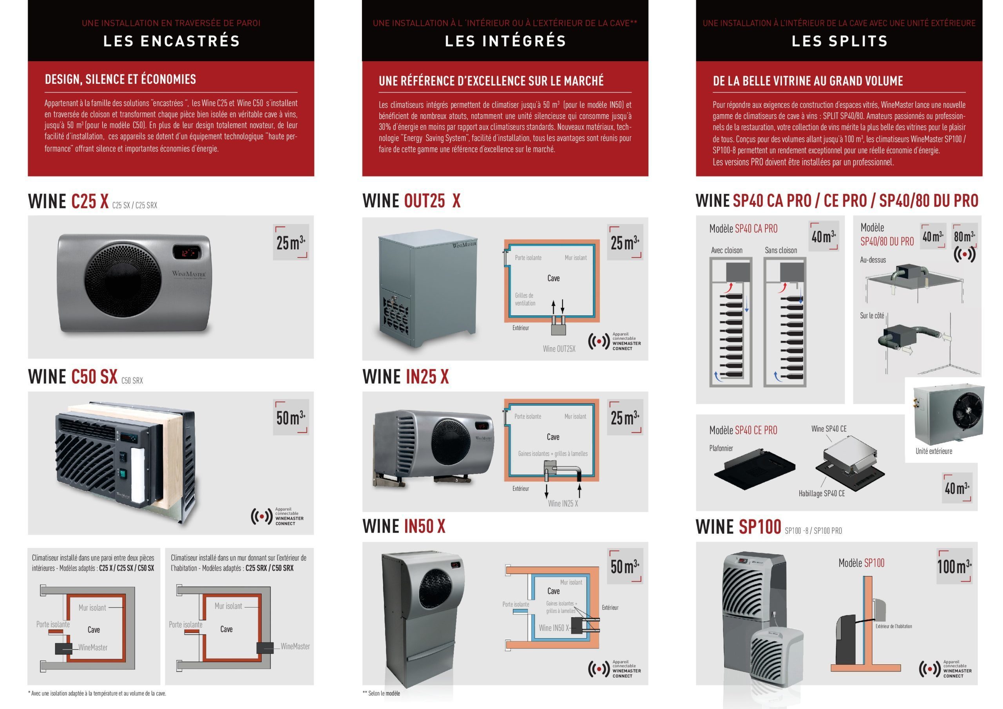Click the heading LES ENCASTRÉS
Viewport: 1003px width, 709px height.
(171, 41)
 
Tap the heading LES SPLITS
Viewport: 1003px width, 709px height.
(840, 41)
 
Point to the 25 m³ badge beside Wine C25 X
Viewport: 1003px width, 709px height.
(291, 242)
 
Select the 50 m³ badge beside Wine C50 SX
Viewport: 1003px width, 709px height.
(291, 417)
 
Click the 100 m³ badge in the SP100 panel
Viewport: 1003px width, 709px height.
(954, 566)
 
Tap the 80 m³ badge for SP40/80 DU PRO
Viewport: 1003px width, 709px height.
(964, 236)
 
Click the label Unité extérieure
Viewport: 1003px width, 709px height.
(934, 451)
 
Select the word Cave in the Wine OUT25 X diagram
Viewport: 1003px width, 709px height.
(554, 278)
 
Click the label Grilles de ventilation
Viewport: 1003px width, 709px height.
(525, 299)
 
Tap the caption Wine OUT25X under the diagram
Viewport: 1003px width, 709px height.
(559, 349)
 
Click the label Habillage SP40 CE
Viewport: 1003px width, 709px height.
(822, 493)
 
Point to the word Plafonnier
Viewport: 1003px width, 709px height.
(721, 448)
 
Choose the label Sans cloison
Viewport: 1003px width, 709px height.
(781, 250)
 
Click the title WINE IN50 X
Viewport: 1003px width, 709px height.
(404, 526)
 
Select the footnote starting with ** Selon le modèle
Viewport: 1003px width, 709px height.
(381, 693)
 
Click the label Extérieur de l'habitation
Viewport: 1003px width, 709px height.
(894, 626)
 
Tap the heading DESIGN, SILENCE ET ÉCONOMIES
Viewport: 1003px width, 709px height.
(121, 79)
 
